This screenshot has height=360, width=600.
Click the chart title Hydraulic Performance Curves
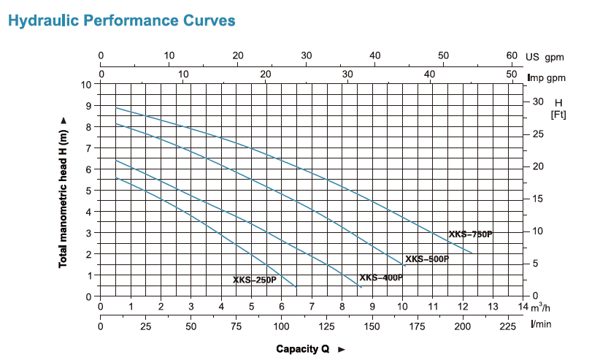[x=121, y=20]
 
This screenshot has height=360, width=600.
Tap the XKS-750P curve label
[x=470, y=234]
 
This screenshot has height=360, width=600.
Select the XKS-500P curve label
[x=427, y=259]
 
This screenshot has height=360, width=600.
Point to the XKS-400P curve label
[x=380, y=278]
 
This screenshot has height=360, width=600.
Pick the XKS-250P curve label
[x=255, y=280]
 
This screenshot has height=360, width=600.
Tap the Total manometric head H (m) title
[x=64, y=191]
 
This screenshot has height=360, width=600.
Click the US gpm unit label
[x=545, y=56]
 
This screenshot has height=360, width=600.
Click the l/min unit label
[x=542, y=323]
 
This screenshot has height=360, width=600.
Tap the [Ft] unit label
[x=558, y=115]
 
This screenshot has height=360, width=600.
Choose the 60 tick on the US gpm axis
[x=512, y=55]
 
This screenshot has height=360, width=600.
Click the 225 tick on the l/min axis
[x=507, y=325]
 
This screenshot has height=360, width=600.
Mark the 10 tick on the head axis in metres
[x=87, y=85]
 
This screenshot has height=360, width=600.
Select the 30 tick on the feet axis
[x=539, y=102]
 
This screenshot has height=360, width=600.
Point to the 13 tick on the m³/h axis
[x=493, y=307]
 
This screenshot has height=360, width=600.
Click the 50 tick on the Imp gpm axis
[x=512, y=74]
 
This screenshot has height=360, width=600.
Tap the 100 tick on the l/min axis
[x=281, y=325]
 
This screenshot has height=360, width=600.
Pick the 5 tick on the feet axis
[x=536, y=264]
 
